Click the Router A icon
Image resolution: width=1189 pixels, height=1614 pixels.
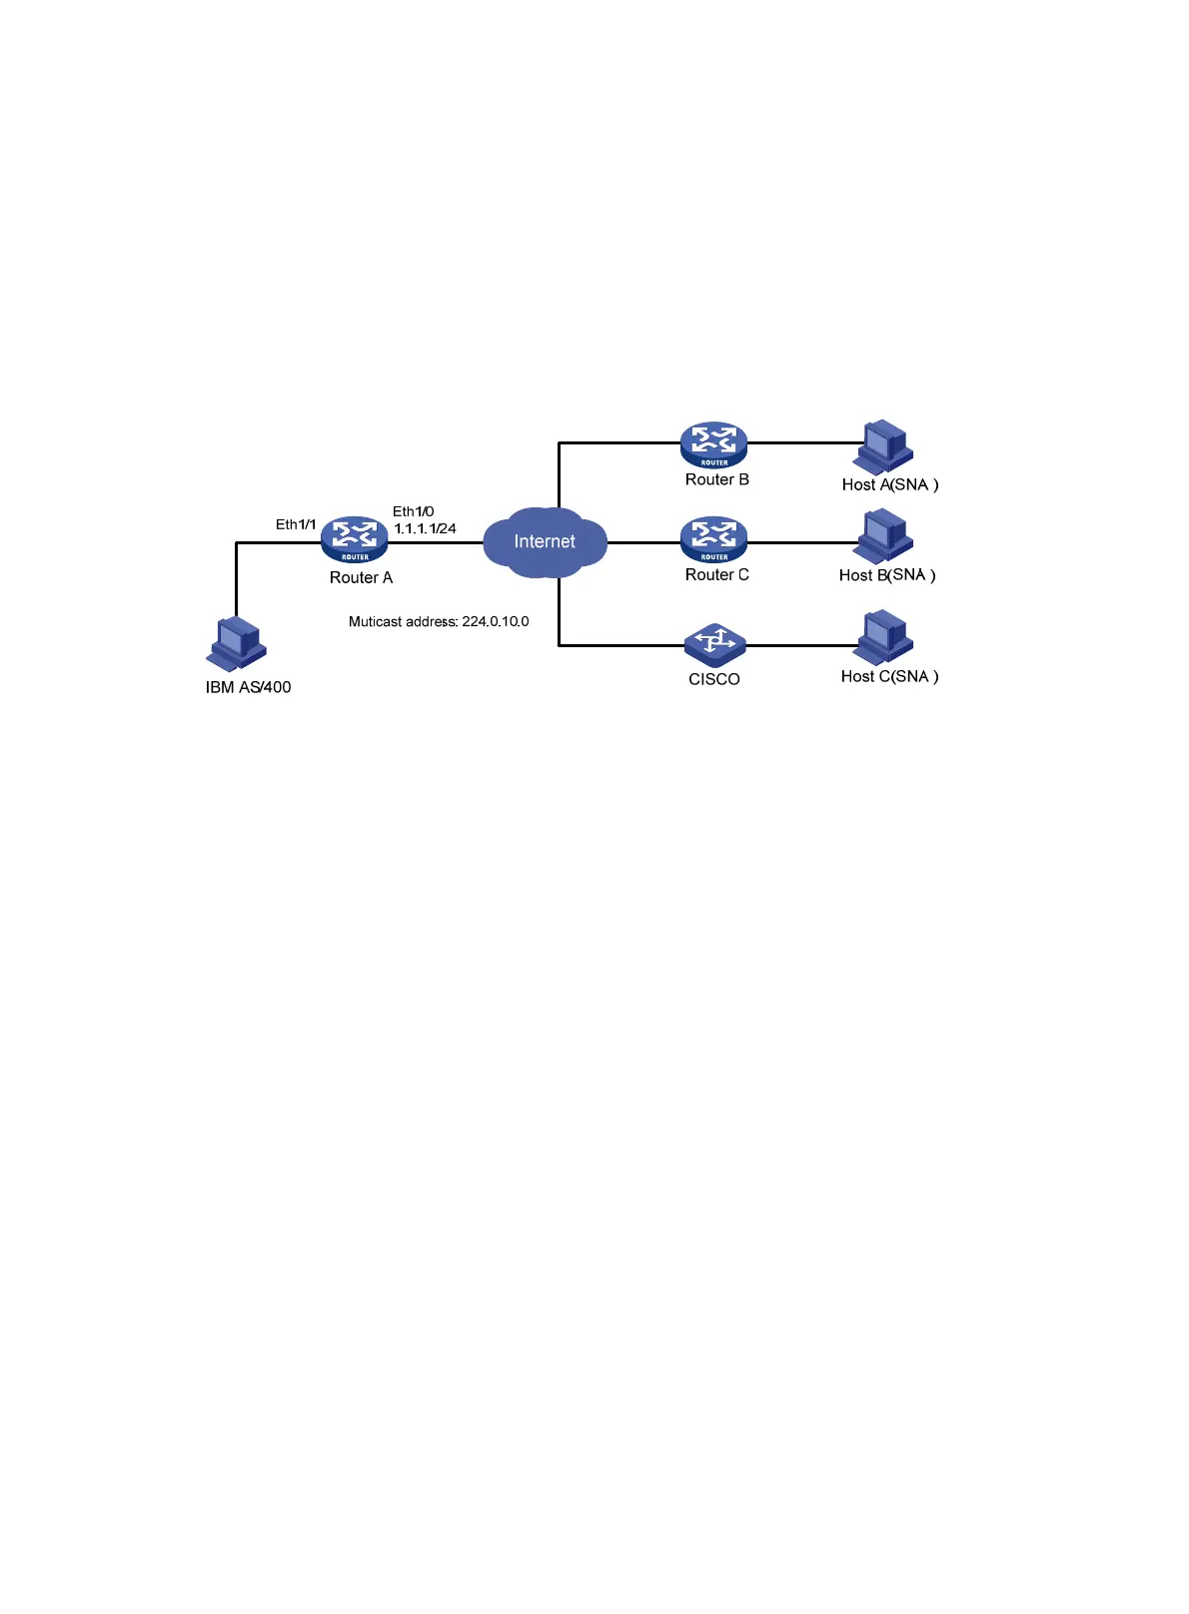point(355,539)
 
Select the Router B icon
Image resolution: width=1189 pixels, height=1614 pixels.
point(713,444)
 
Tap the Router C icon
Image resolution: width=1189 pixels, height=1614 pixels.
point(713,539)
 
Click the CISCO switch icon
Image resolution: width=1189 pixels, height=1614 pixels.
point(714,645)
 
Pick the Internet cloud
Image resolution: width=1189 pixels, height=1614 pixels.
point(545,541)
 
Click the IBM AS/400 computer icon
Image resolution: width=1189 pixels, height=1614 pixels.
point(237,644)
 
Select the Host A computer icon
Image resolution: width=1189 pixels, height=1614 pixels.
point(883,446)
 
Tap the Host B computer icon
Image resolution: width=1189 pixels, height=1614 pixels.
point(883,537)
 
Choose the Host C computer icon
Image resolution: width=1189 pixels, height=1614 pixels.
point(883,637)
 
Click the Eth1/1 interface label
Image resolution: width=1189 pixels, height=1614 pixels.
point(296,524)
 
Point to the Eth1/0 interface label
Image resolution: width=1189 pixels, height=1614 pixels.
point(413,511)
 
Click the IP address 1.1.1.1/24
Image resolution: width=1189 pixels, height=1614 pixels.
point(425,528)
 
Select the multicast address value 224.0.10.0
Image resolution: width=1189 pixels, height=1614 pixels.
point(496,621)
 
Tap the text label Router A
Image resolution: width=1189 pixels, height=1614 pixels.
point(361,577)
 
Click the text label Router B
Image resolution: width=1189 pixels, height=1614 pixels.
point(716,479)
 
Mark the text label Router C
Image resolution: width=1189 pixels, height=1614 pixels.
point(716,574)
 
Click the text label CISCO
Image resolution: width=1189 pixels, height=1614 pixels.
point(713,679)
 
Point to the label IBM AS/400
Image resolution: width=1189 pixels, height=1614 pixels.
point(248,687)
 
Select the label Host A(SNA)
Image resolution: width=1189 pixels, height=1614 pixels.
point(889,484)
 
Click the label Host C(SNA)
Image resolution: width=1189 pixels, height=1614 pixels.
point(889,676)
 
